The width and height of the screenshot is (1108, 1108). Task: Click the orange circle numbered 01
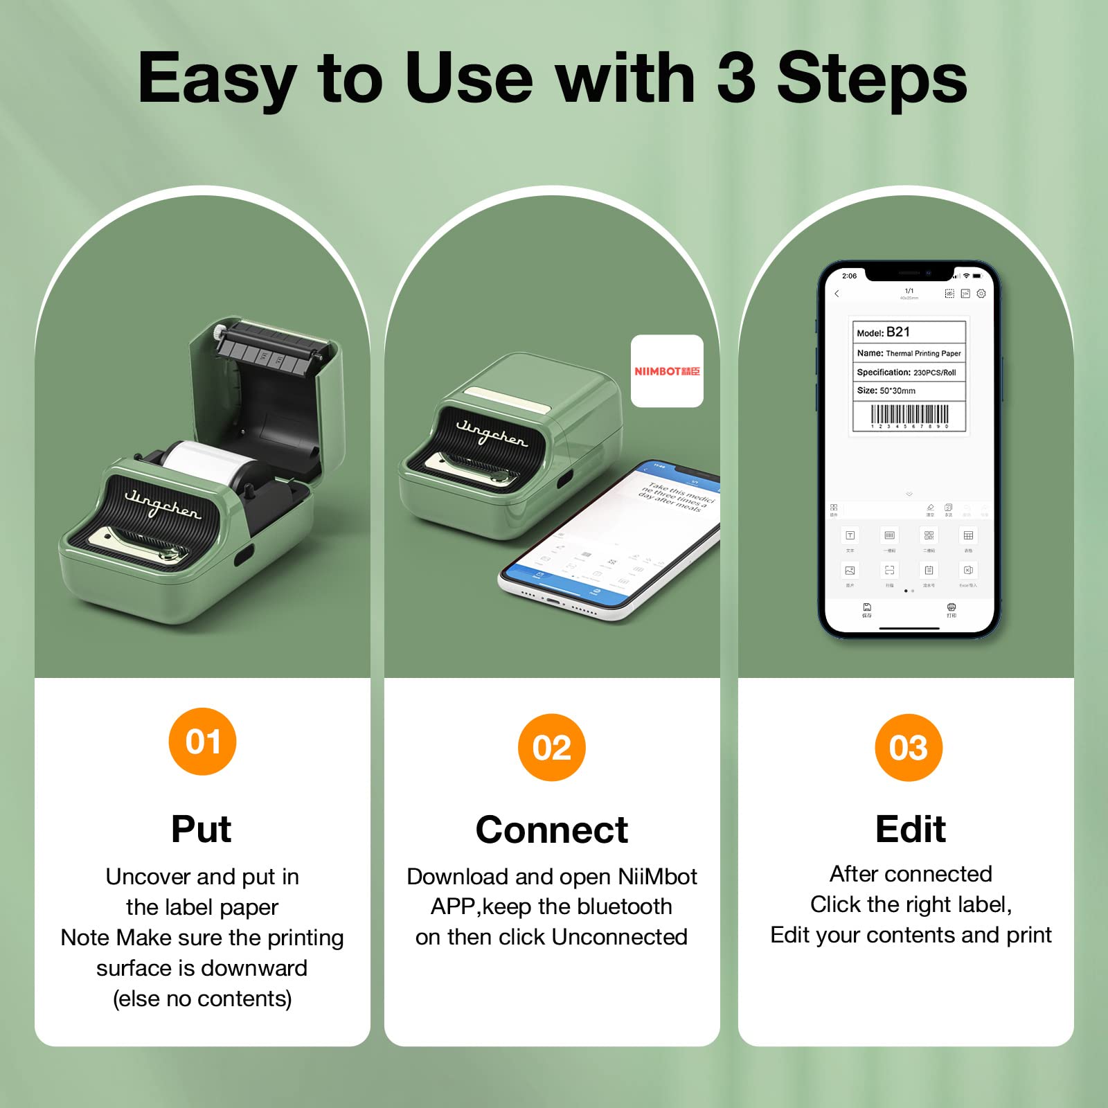pyautogui.click(x=202, y=742)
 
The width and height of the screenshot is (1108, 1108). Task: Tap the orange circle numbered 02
pyautogui.click(x=552, y=748)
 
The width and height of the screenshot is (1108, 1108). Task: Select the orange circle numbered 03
pyautogui.click(x=909, y=748)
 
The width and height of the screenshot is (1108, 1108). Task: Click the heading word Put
pyautogui.click(x=201, y=829)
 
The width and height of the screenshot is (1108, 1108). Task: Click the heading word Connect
pyautogui.click(x=552, y=830)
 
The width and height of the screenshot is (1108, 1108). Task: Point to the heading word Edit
pyautogui.click(x=910, y=829)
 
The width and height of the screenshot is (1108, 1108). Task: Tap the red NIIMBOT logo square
pyautogui.click(x=667, y=371)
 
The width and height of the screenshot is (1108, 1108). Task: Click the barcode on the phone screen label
pyautogui.click(x=909, y=415)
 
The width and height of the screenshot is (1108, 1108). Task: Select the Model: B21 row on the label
pyautogui.click(x=909, y=332)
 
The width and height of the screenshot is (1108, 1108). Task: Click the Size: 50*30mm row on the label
pyautogui.click(x=909, y=391)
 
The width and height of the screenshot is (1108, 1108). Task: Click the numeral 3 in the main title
pyautogui.click(x=735, y=78)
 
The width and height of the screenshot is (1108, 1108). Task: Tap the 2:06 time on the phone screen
pyautogui.click(x=849, y=276)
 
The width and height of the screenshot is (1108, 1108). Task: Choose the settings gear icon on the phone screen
pyautogui.click(x=981, y=294)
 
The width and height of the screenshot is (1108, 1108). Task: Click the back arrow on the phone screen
pyautogui.click(x=837, y=294)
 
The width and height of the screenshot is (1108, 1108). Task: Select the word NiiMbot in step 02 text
pyautogui.click(x=657, y=877)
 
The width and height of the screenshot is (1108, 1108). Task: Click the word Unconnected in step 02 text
pyautogui.click(x=620, y=937)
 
